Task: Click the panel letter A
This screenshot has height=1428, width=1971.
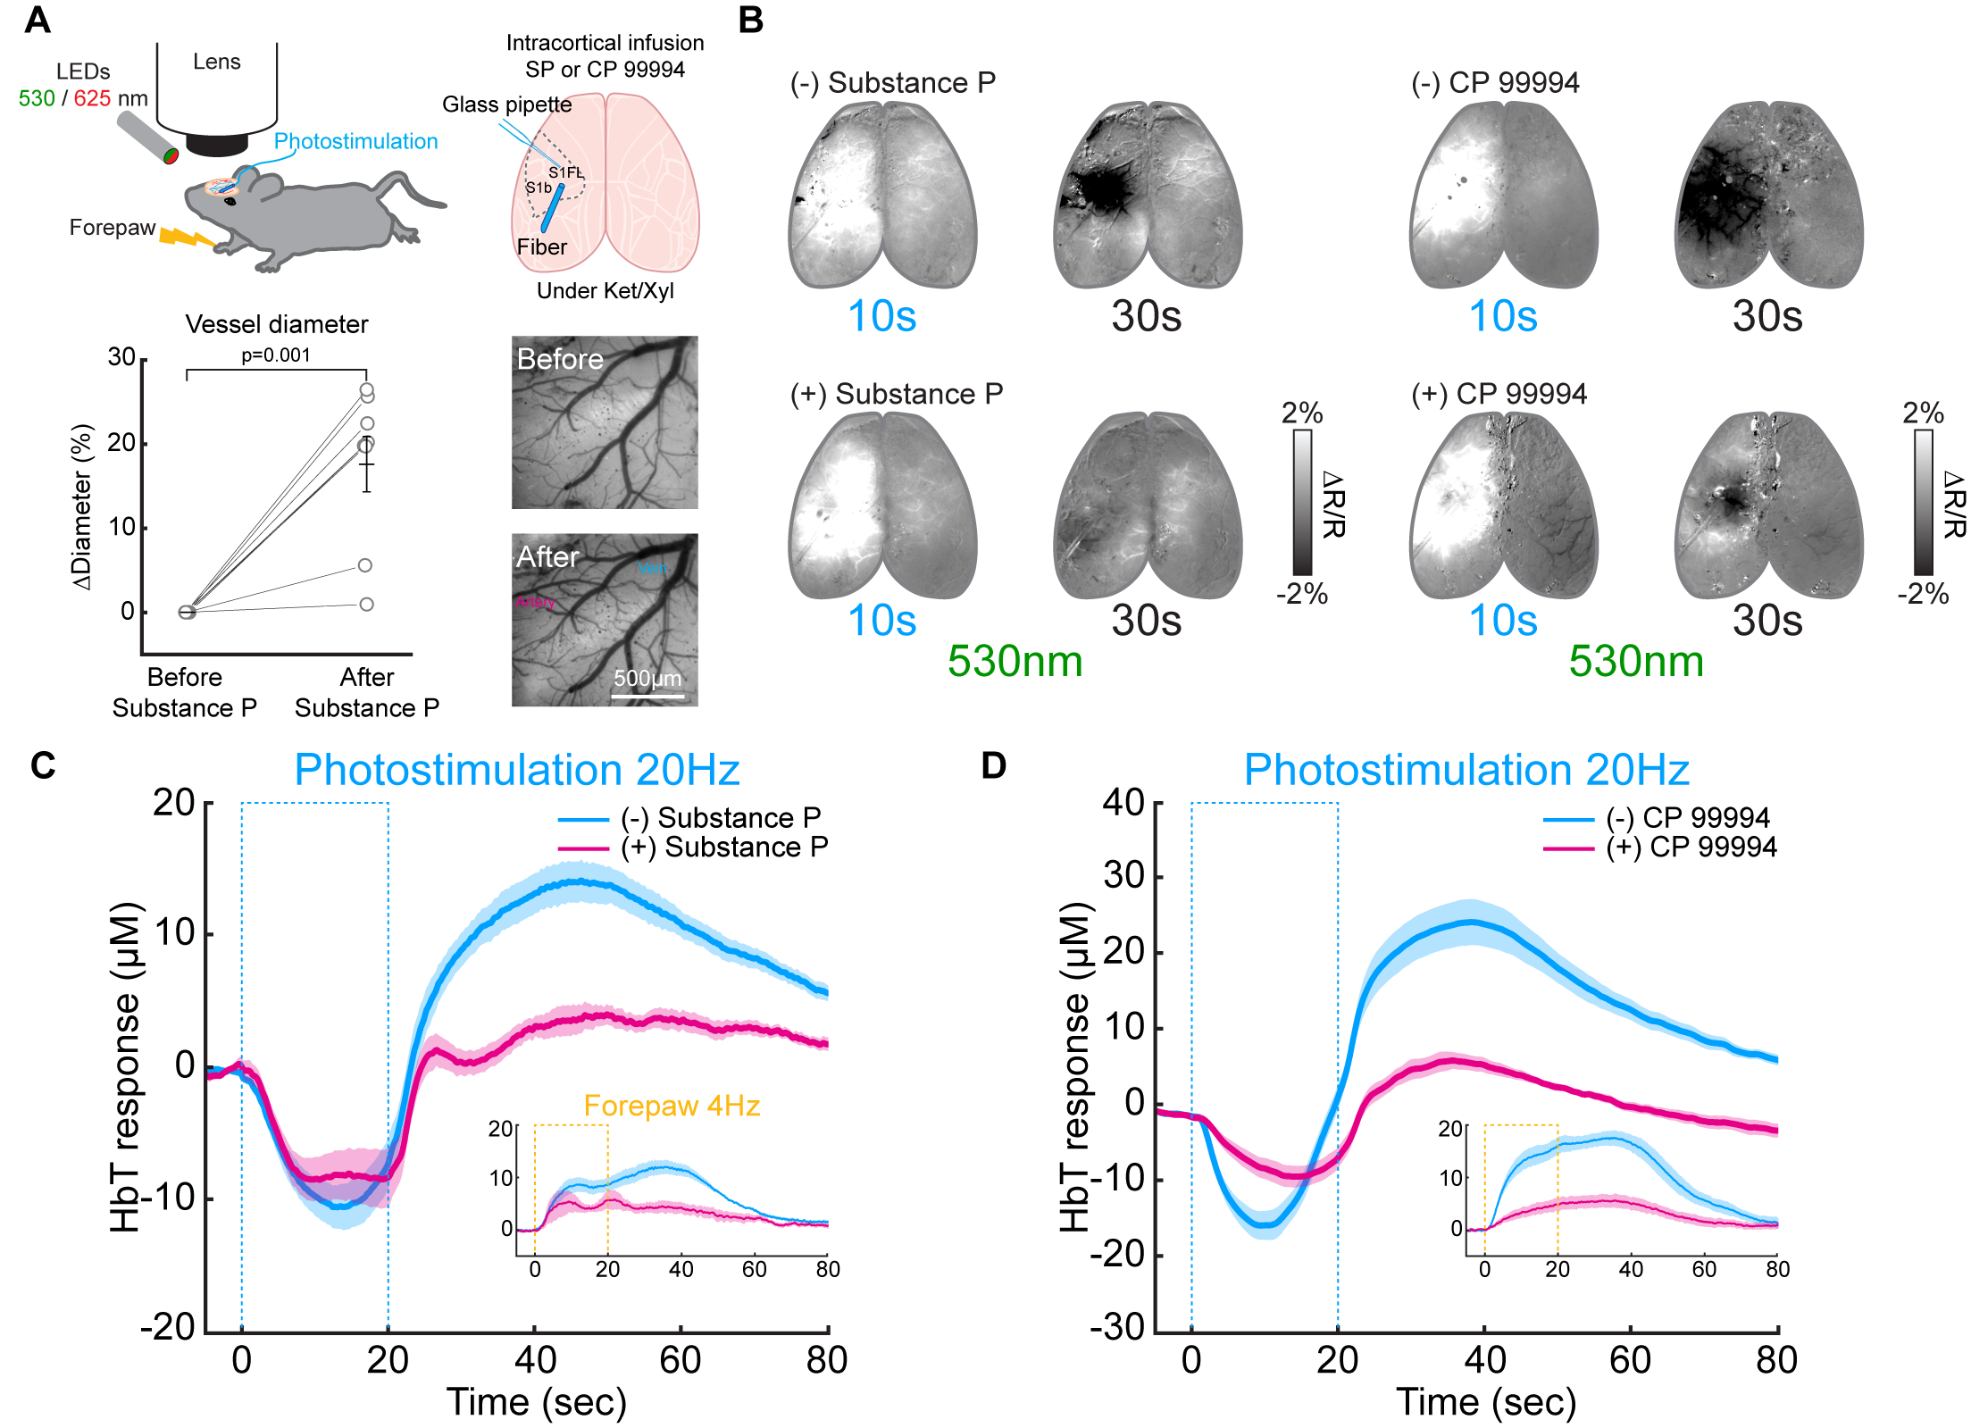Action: click(x=37, y=20)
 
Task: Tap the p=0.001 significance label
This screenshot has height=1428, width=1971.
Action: click(x=276, y=355)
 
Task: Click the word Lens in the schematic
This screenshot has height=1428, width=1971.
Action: click(x=217, y=62)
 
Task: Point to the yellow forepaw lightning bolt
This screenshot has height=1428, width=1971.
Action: click(x=186, y=238)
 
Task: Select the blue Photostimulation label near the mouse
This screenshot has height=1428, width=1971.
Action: click(x=355, y=141)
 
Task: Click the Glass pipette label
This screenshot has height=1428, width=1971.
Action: click(x=506, y=104)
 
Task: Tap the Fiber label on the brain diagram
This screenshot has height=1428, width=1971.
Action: click(x=541, y=247)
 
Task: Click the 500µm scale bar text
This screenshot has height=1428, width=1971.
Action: click(x=647, y=678)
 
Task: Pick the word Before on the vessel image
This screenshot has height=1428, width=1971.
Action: click(x=560, y=359)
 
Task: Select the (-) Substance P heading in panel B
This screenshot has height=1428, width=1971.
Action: click(x=893, y=83)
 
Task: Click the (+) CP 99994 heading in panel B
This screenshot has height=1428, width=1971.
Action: click(x=1499, y=394)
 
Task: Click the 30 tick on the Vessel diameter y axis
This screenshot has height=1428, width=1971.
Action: click(x=121, y=358)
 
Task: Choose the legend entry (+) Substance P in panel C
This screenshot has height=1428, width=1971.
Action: click(x=724, y=847)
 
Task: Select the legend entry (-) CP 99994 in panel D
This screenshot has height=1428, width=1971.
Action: click(x=1687, y=817)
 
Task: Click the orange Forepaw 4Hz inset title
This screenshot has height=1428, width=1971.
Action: click(x=672, y=1106)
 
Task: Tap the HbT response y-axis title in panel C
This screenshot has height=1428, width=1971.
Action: click(x=125, y=1067)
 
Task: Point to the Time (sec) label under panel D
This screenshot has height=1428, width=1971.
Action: click(x=1486, y=1402)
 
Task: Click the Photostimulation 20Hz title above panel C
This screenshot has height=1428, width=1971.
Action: click(x=517, y=770)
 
